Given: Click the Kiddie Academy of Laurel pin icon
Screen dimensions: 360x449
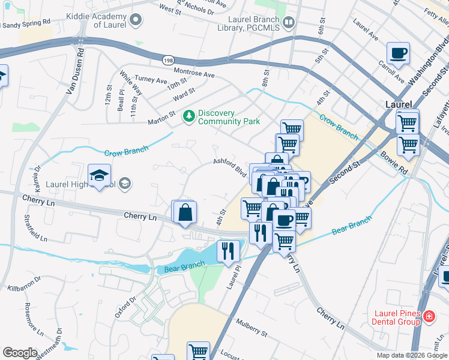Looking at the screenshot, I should tap(136, 20).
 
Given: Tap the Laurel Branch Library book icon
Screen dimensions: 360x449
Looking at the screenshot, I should tap(289, 23).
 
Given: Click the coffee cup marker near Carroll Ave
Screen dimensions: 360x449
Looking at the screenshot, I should tap(398, 54).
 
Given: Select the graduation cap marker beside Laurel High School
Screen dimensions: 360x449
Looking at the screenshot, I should tap(100, 175).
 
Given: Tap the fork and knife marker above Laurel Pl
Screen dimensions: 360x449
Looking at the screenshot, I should tap(228, 250).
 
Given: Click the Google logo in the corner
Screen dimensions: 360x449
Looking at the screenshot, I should tap(19, 353).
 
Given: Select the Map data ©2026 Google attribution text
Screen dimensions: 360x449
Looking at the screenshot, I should tap(411, 355).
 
